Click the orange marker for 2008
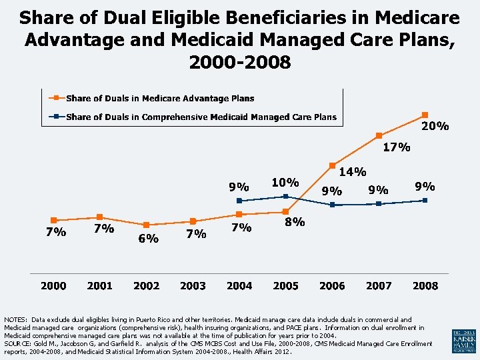[x=425, y=115]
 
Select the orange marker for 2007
[x=378, y=136]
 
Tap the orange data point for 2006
[x=332, y=165]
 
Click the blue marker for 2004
[x=239, y=200]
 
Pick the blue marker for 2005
[x=285, y=196]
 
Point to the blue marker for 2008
[x=425, y=200]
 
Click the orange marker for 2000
[x=54, y=220]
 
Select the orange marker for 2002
[x=146, y=225]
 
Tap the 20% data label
[x=435, y=126]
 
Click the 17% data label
[x=396, y=147]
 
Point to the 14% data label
[x=353, y=172]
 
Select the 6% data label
[x=148, y=239]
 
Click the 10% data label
[x=285, y=182]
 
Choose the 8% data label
[x=295, y=222]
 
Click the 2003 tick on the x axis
[x=193, y=285]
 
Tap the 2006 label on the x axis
[x=332, y=285]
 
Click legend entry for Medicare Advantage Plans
[x=160, y=99]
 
